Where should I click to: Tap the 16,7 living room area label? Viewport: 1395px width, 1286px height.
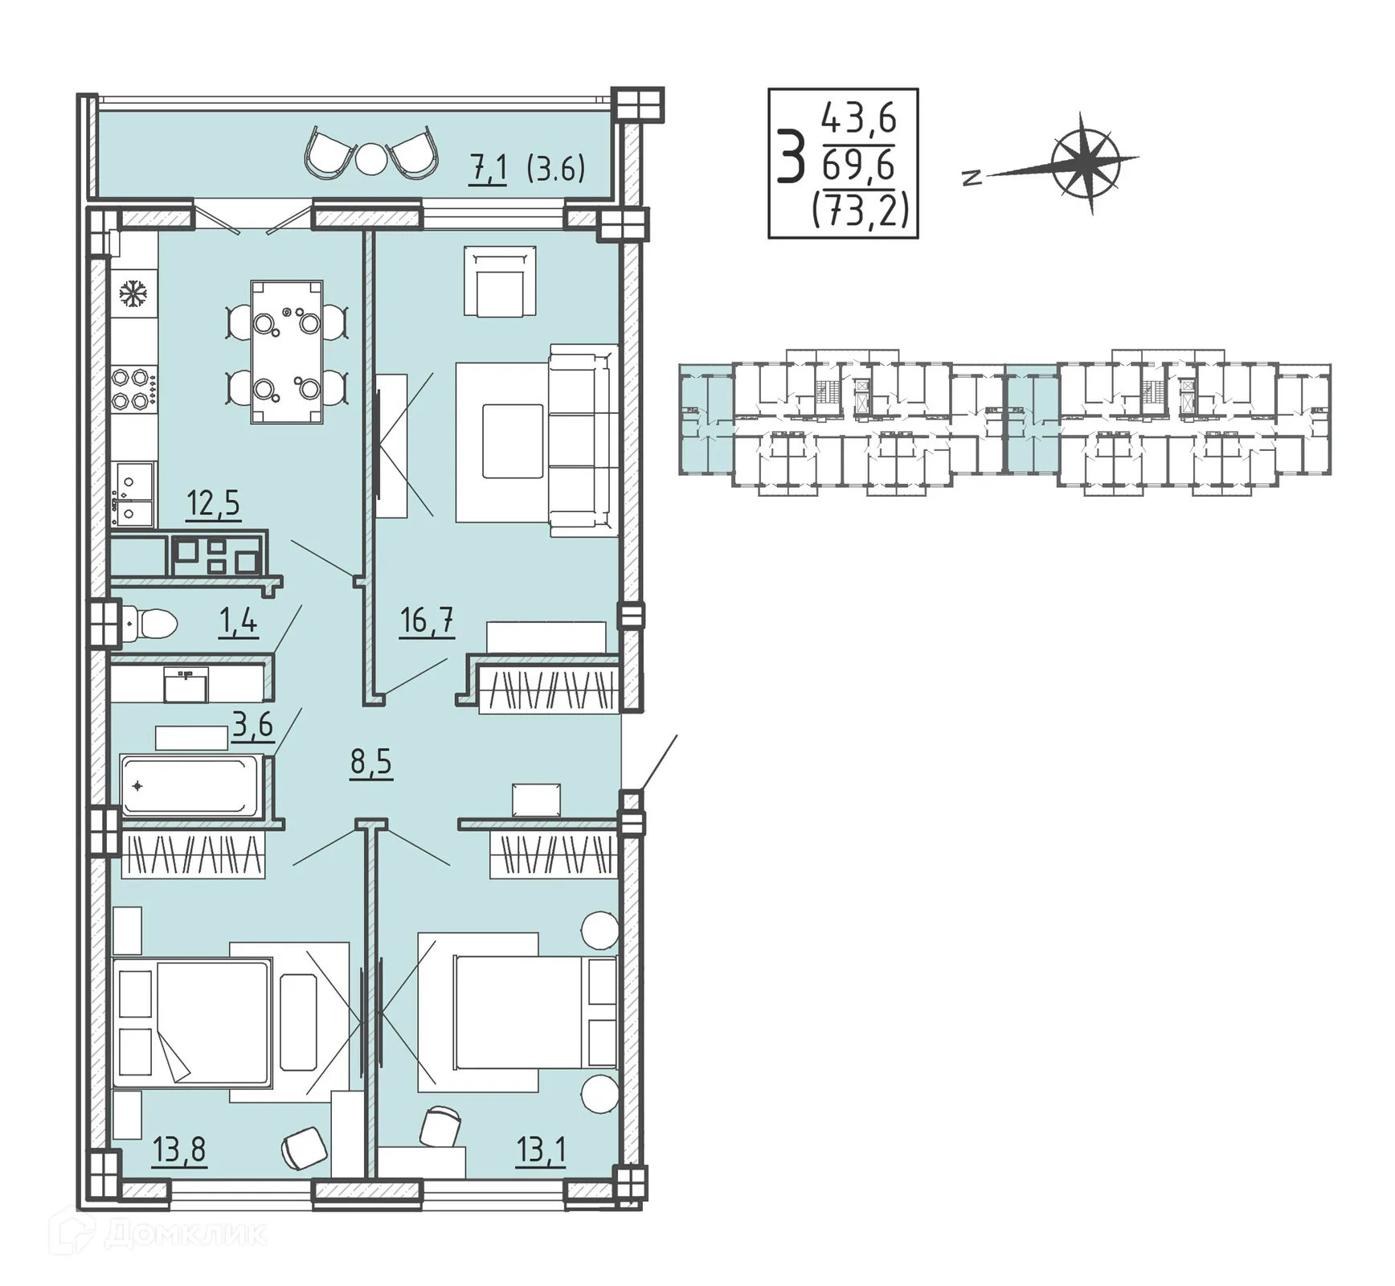pyautogui.click(x=427, y=620)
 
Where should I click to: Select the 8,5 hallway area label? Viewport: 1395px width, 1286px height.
pyautogui.click(x=370, y=760)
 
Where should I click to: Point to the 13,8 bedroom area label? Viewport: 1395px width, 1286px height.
pyautogui.click(x=179, y=1150)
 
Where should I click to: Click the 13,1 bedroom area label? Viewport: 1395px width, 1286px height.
pyautogui.click(x=541, y=1150)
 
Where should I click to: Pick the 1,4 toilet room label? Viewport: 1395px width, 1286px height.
pyautogui.click(x=238, y=621)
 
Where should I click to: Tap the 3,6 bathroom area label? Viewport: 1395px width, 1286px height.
pyautogui.click(x=252, y=725)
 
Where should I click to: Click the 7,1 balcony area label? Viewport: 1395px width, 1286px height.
pyautogui.click(x=489, y=170)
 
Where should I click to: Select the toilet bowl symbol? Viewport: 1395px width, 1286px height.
pyautogui.click(x=150, y=623)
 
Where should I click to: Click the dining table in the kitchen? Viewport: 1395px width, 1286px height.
pyautogui.click(x=287, y=352)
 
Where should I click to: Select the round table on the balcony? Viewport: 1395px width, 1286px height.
pyautogui.click(x=371, y=158)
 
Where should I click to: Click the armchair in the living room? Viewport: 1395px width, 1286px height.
pyautogui.click(x=499, y=281)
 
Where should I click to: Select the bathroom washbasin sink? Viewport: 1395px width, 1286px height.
pyautogui.click(x=186, y=684)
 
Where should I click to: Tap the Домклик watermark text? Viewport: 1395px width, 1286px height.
pyautogui.click(x=185, y=1234)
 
